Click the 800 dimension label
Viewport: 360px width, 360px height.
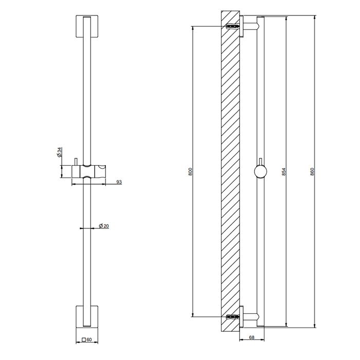(190, 172)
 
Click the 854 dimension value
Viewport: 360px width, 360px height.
(284, 172)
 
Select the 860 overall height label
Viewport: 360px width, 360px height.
(312, 172)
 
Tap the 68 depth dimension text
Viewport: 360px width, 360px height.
(251, 337)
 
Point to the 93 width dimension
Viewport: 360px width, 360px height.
(119, 182)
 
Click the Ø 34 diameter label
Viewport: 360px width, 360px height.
(59, 152)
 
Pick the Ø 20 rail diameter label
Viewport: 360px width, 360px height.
(104, 226)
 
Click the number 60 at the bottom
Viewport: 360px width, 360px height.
(89, 339)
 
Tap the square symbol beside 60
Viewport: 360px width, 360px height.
(84, 339)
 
